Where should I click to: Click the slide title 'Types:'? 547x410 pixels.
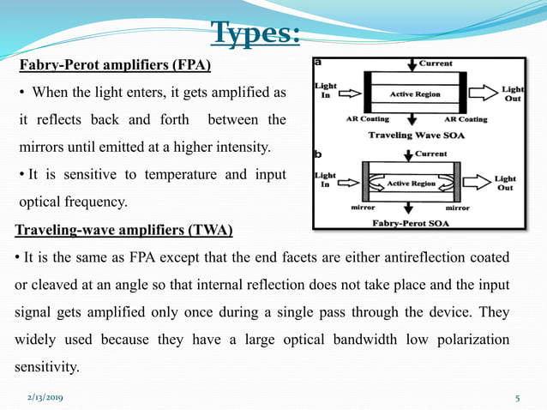point(255,33)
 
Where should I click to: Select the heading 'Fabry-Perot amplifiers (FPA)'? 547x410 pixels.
point(115,65)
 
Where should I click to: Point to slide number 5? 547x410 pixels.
point(518,398)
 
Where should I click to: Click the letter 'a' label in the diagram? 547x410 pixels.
point(319,63)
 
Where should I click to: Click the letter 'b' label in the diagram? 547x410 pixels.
point(319,155)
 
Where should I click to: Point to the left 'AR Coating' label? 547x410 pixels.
point(367,119)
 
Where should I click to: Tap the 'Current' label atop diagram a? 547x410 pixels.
point(436,64)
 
